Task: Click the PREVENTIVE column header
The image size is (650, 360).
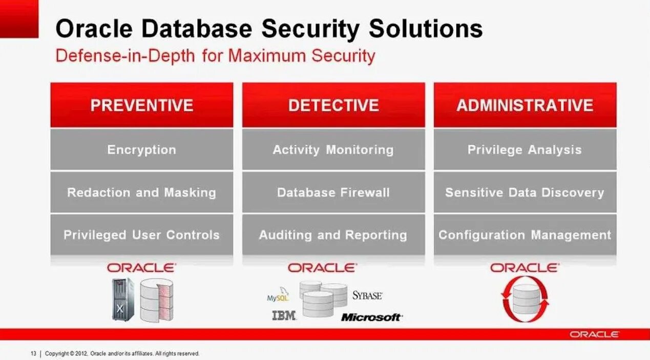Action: (x=141, y=105)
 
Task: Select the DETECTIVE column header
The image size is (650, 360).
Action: (x=333, y=105)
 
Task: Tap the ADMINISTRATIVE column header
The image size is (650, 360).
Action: (x=525, y=105)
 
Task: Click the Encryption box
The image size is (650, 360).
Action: (x=141, y=150)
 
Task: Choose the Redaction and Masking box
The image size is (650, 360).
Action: (x=141, y=193)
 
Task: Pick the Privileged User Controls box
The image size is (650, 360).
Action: (x=141, y=235)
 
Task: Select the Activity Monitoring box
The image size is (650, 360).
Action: (x=333, y=150)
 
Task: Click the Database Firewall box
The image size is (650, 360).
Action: (x=333, y=193)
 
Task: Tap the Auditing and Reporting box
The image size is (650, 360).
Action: (x=333, y=235)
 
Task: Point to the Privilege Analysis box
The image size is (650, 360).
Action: (x=525, y=150)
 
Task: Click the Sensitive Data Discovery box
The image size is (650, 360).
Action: (x=525, y=193)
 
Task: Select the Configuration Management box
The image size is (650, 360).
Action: (x=525, y=235)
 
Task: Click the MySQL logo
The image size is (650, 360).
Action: (x=278, y=297)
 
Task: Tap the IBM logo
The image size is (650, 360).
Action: (x=284, y=316)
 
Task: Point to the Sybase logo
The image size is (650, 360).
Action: (x=367, y=295)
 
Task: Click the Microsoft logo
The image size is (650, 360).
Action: (x=371, y=317)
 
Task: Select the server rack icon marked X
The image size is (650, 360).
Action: (x=122, y=300)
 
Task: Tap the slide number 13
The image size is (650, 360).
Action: (x=33, y=353)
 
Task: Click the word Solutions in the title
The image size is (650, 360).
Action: (x=426, y=29)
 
